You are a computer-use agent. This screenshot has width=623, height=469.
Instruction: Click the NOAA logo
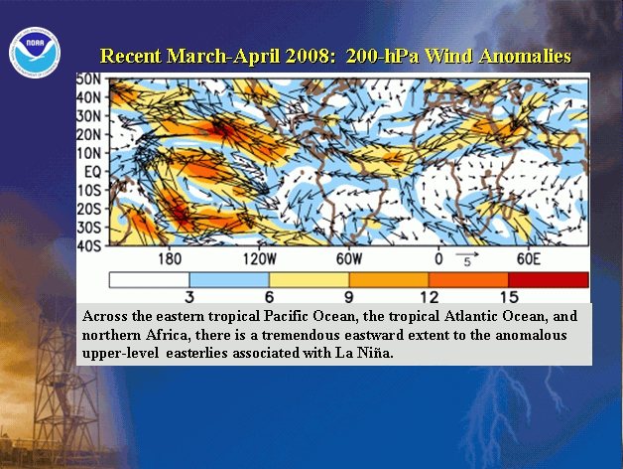tap(35, 52)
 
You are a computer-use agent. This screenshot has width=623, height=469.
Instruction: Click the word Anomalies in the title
tap(525, 56)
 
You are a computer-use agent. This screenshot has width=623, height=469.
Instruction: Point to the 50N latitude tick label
tap(89, 78)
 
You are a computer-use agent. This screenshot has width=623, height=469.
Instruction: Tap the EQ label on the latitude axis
tap(92, 172)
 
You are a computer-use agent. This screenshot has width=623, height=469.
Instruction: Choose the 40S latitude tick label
tap(89, 245)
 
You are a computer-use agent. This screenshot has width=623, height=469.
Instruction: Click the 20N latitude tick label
tap(89, 134)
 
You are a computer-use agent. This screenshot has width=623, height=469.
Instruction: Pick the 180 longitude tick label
tap(170, 259)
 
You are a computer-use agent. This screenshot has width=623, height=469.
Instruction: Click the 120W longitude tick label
tap(259, 259)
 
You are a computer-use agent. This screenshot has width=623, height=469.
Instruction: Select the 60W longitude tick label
tap(349, 259)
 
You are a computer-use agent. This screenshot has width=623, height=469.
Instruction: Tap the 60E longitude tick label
tap(529, 259)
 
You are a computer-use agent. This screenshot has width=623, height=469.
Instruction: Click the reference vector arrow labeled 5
tap(467, 254)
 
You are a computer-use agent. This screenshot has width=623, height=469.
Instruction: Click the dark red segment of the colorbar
tap(549, 280)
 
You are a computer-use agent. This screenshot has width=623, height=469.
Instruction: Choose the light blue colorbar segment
tap(229, 280)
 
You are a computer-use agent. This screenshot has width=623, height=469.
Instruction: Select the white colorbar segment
tap(150, 280)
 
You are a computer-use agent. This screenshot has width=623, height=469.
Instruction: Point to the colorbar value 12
tap(430, 297)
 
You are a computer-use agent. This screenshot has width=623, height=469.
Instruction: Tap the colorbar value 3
tap(189, 297)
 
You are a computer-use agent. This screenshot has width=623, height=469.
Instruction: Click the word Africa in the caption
tap(167, 335)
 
